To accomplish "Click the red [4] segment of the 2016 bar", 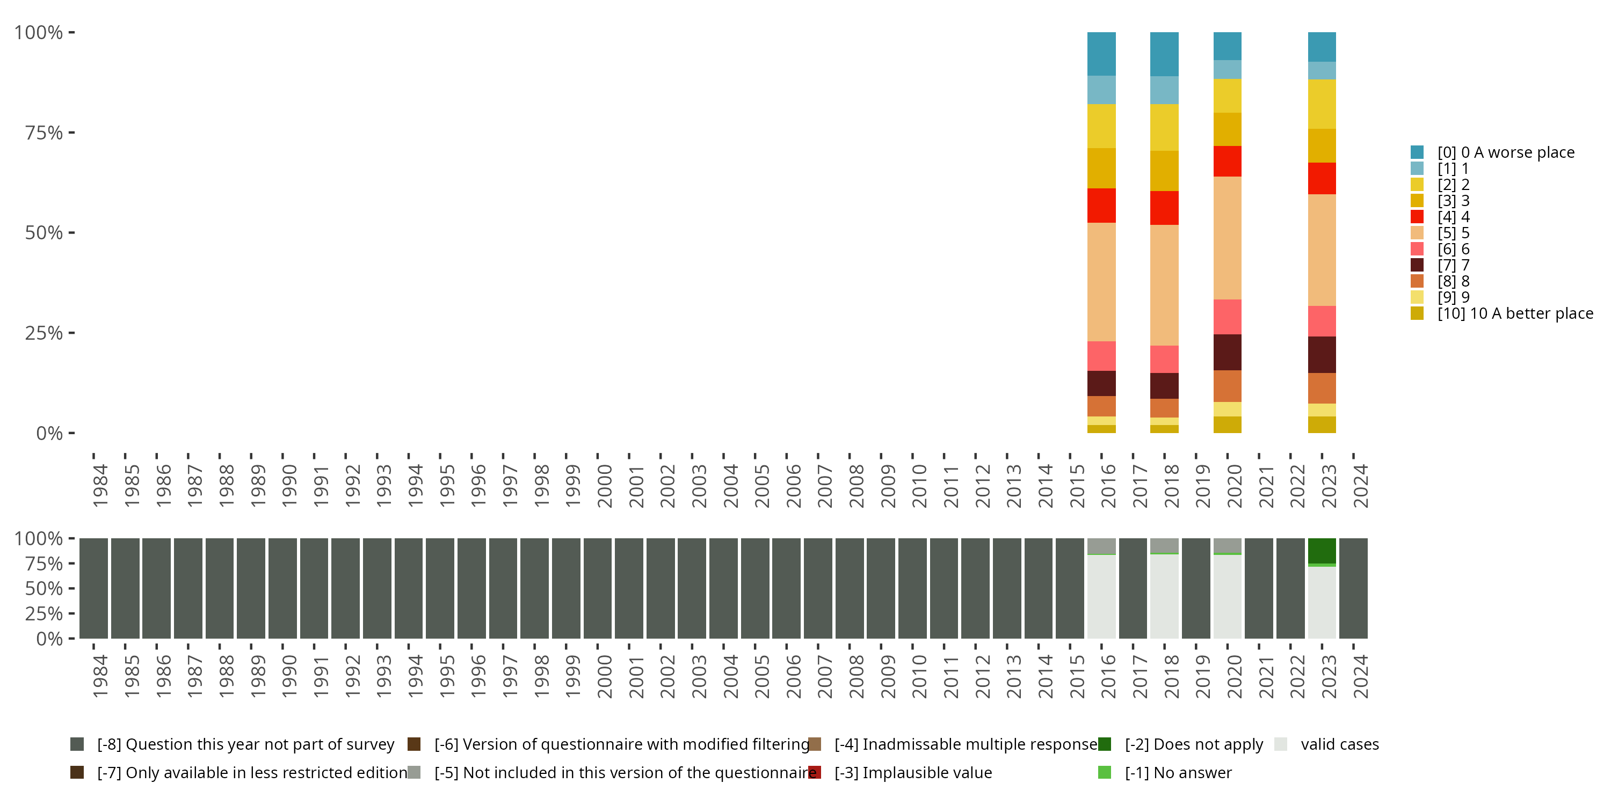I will (1101, 205).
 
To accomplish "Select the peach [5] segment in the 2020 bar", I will (1227, 238).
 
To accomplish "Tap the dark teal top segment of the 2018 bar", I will (1164, 54).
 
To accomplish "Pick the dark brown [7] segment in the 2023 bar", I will (1322, 354).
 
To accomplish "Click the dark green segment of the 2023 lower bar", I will (1322, 550).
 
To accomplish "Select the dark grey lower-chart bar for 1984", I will (94, 588).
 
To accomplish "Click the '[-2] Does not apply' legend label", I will (1193, 744).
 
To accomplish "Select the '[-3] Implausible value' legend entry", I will (912, 772).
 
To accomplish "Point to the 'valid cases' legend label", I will (1340, 744).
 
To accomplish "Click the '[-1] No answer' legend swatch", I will (1105, 772).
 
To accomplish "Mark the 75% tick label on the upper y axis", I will (44, 133).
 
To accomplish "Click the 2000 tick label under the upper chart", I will (604, 486).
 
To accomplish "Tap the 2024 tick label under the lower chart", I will (1360, 676).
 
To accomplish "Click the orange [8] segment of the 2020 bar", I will (1227, 386).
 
